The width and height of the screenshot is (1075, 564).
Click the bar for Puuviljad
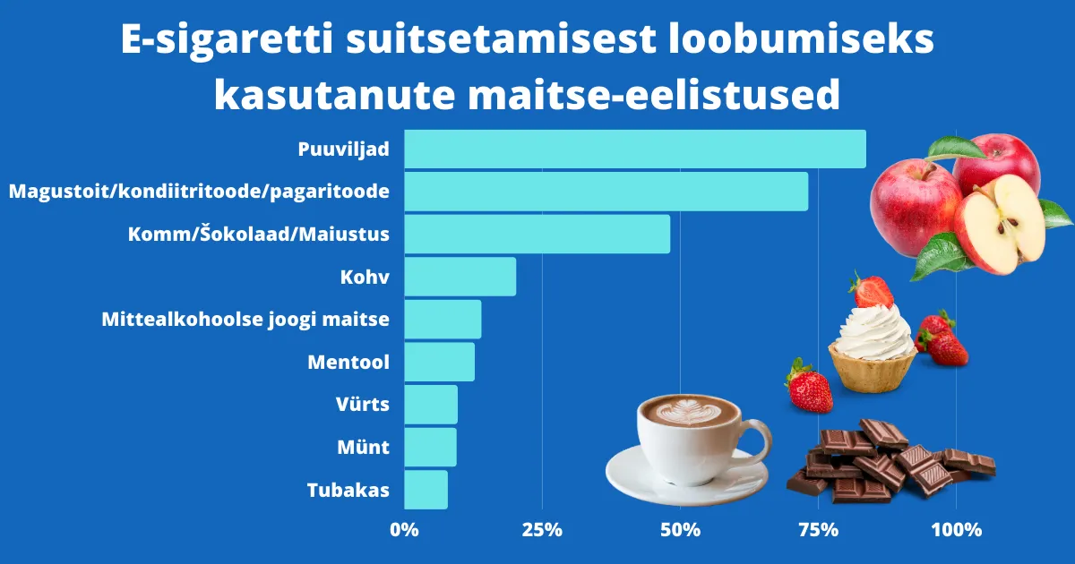pos(634,149)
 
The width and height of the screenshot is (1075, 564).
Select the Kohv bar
pos(460,277)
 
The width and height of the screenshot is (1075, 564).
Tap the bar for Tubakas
pos(426,490)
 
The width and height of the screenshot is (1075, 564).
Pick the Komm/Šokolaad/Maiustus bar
pos(537,234)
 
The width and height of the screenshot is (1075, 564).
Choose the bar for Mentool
pos(439,362)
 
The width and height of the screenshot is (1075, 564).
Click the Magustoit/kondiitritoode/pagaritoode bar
pos(606,192)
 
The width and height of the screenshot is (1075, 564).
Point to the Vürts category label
pos(362,404)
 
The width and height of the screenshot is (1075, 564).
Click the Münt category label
pos(363,447)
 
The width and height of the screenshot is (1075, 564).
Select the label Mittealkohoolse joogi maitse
pos(245,319)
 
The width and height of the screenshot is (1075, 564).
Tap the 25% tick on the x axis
pos(541,529)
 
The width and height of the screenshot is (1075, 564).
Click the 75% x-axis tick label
pos(818,529)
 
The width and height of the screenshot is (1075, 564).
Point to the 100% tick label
pos(956,529)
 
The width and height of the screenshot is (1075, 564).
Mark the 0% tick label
pos(405,529)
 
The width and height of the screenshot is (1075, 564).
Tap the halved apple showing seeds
pos(1002,224)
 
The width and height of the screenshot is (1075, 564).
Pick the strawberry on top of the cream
pos(872,290)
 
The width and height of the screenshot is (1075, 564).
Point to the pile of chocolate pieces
pos(887,461)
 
